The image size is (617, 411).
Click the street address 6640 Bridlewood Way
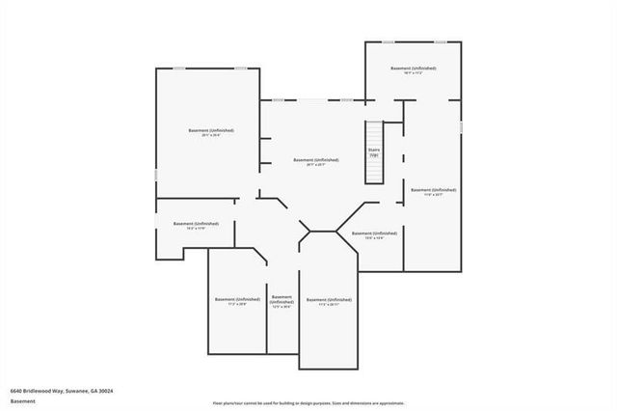(x=38, y=391)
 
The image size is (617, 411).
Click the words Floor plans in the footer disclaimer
(x=224, y=402)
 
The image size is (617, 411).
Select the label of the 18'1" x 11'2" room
(x=413, y=69)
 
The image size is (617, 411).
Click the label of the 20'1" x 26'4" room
(x=210, y=130)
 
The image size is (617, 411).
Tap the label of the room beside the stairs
(x=315, y=160)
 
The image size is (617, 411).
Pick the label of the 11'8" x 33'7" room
(x=432, y=191)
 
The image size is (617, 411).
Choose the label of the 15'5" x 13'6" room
(x=373, y=233)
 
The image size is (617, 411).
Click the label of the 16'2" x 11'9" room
(x=189, y=225)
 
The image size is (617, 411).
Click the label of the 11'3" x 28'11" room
(x=328, y=300)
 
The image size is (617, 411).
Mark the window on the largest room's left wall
(x=156, y=174)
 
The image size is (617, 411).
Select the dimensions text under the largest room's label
(x=210, y=135)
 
